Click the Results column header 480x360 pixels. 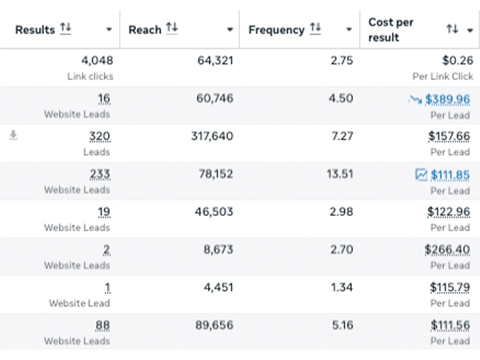(x=35, y=30)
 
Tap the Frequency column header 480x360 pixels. (x=277, y=30)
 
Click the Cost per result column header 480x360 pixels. (x=391, y=30)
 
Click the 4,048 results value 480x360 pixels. (x=97, y=60)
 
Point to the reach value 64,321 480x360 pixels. (x=216, y=60)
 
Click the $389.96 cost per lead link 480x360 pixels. (x=447, y=99)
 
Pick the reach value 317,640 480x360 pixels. (x=212, y=137)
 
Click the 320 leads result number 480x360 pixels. (x=100, y=137)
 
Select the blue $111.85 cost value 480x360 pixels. (x=450, y=174)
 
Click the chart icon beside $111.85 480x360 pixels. (x=421, y=174)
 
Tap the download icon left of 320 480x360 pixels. (x=13, y=136)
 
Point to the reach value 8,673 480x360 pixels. (x=218, y=250)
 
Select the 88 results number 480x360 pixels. (x=102, y=325)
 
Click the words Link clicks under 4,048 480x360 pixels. (x=90, y=76)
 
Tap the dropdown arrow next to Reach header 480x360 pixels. (x=230, y=30)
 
